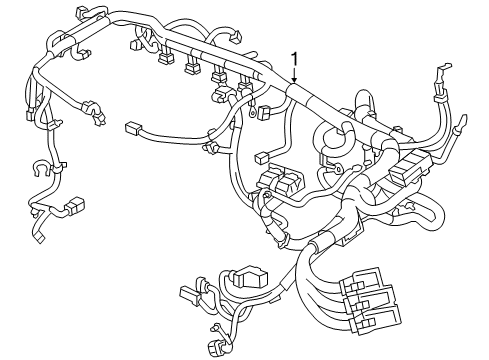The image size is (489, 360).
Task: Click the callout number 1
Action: click(x=295, y=59)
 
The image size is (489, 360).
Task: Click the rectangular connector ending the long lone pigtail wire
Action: click(x=133, y=128)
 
